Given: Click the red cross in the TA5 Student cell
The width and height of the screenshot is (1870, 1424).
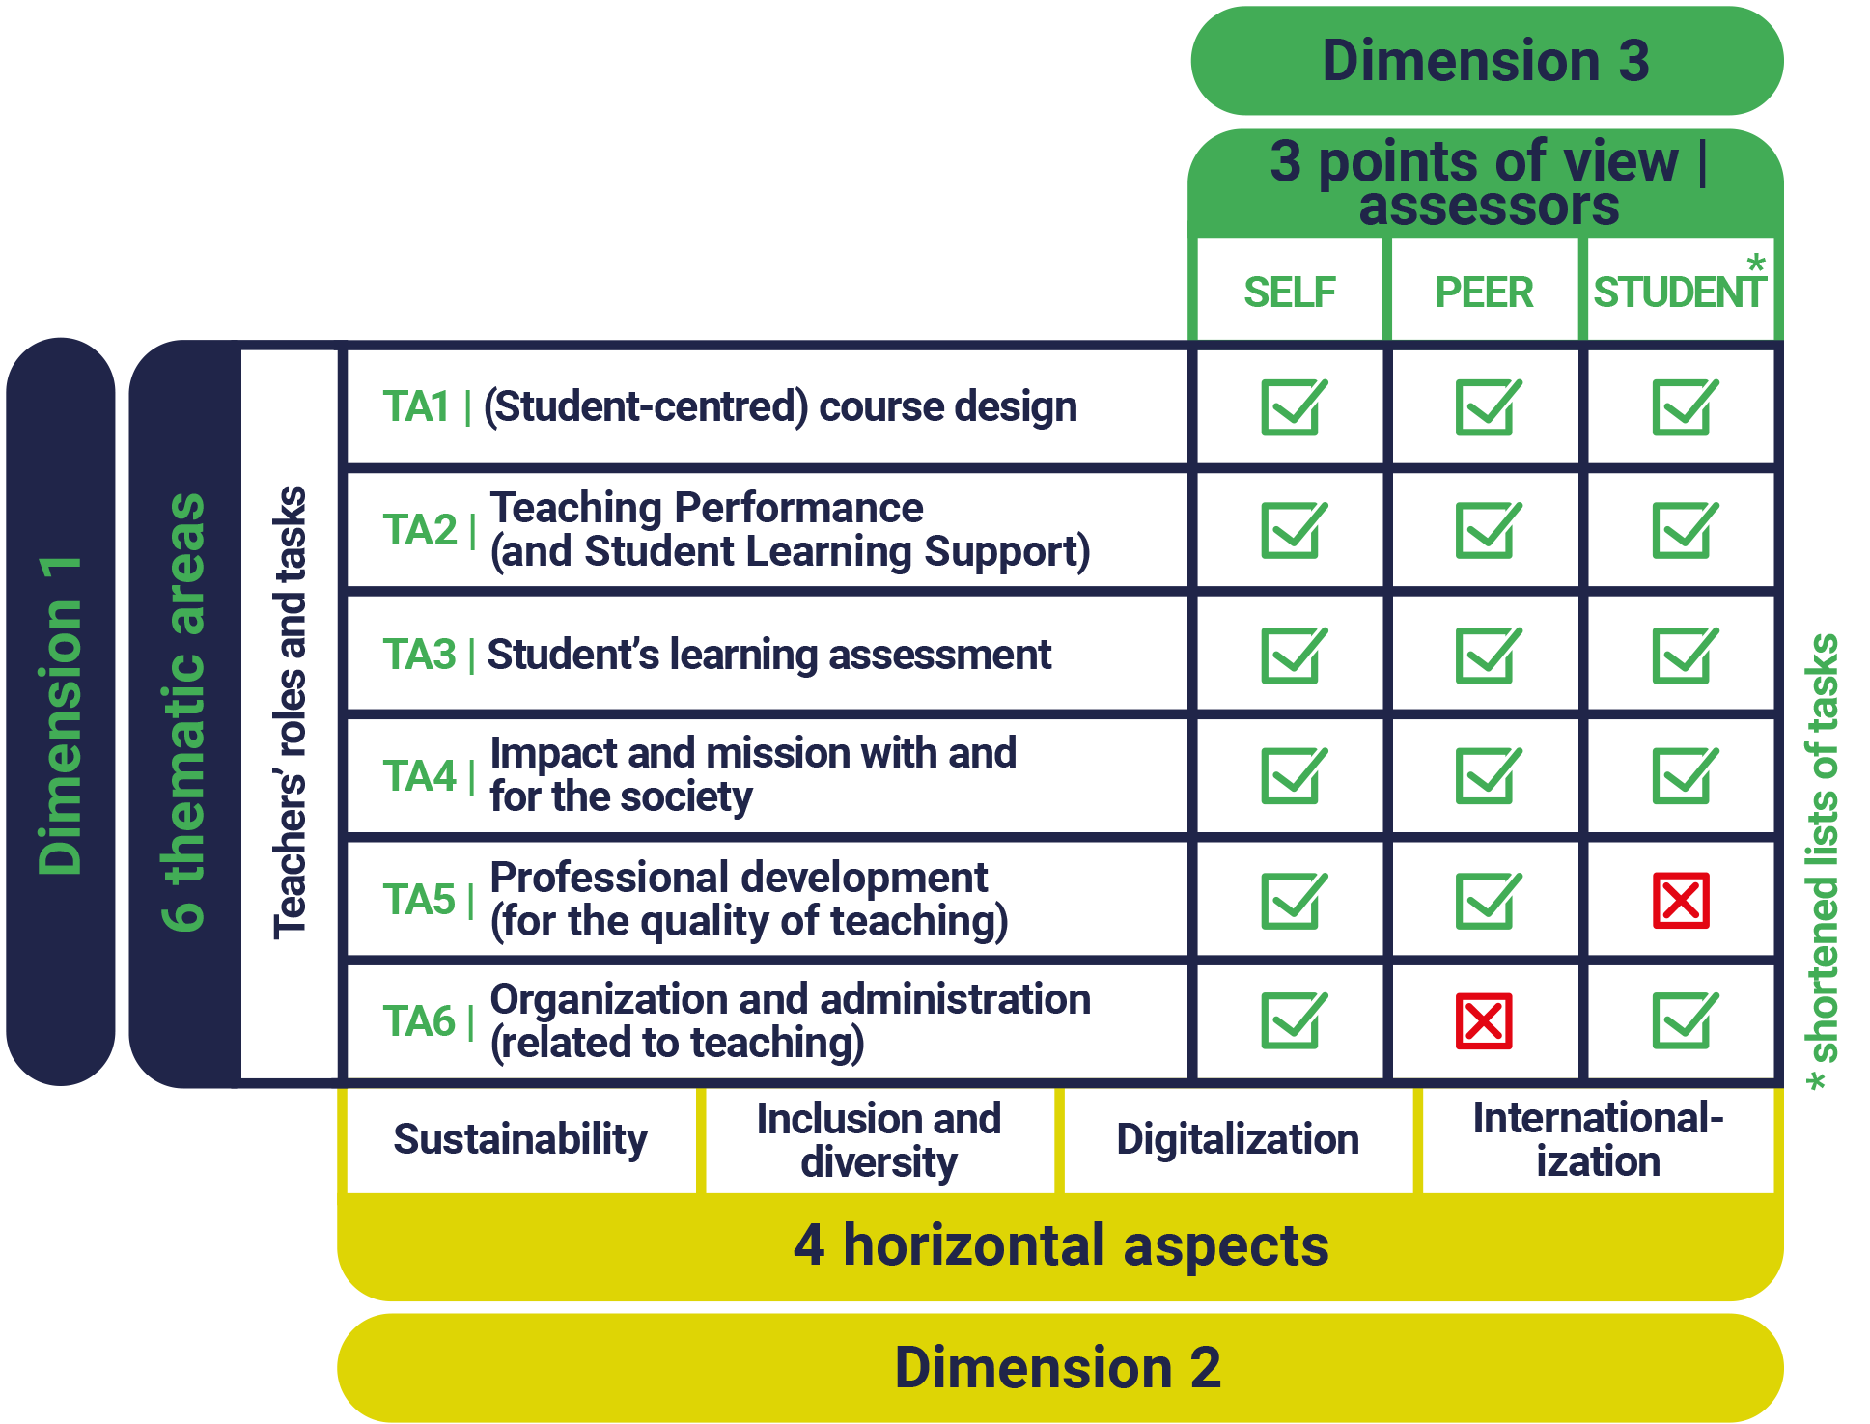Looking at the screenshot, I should pos(1680,901).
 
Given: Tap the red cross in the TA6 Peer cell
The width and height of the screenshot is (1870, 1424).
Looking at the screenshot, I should pos(1484,1021).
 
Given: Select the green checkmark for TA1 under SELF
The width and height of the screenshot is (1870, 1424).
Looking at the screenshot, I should pos(1292,406).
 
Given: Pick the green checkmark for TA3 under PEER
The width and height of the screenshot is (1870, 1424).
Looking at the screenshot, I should pos(1487,656).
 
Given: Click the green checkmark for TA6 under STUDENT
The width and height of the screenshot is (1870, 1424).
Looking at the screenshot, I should pos(1683,1020).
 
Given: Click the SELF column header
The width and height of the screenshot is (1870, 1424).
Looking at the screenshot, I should pos(1289,292).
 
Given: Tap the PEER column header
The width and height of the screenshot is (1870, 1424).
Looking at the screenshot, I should pos(1484,292).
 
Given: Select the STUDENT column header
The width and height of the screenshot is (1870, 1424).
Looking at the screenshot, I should pos(1678,292).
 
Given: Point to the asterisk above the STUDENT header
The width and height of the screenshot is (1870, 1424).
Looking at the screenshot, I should pos(1755,263).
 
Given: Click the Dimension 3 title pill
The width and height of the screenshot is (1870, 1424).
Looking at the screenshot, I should pos(1486,61).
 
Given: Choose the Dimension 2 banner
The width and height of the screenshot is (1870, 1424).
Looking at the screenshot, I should pos(1058,1367).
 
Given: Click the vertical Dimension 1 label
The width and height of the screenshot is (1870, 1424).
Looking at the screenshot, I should pos(60,714).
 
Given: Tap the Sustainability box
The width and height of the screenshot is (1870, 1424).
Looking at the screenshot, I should pos(520,1139).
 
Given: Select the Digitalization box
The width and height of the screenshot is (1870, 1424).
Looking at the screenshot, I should pos(1238,1139).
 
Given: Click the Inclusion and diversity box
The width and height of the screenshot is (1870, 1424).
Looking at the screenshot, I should pos(879,1139).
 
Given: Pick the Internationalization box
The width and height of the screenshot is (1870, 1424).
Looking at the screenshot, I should pos(1598,1139).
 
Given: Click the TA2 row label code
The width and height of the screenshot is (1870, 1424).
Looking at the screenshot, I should pos(419,530).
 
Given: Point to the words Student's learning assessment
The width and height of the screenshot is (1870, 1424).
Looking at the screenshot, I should pos(768,655).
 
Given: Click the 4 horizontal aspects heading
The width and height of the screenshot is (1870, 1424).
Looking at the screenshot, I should pos(1060,1244).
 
